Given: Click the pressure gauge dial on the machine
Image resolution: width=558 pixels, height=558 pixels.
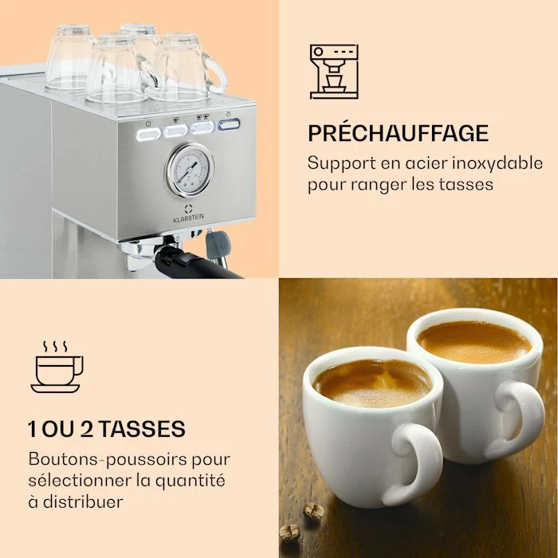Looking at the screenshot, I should point(190,168).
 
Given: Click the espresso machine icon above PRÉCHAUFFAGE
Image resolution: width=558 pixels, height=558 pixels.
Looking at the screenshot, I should point(334,72).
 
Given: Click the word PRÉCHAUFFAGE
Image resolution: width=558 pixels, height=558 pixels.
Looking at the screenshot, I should point(398,132).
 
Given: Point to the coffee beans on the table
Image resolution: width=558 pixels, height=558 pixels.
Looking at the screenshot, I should point(313,511).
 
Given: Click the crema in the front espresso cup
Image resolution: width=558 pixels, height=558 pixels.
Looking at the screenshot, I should point(371,382).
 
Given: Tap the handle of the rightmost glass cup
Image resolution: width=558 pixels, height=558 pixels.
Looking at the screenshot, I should point(216,73).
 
